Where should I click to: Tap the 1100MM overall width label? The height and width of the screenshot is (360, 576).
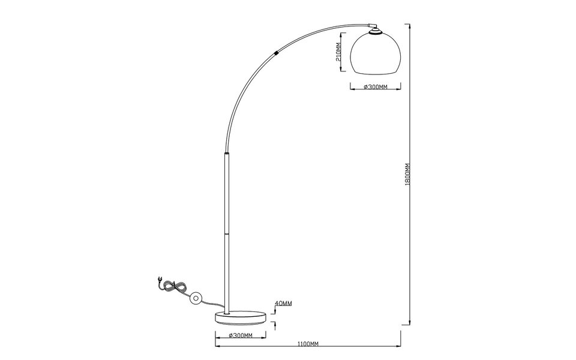coord(307,344)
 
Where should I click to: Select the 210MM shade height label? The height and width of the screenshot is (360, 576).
coord(338,53)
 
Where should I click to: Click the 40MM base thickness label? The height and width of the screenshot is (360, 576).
coord(283,304)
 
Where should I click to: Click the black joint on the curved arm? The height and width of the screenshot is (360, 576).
coord(276,53)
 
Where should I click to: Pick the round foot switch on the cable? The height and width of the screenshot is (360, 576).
coord(196,298)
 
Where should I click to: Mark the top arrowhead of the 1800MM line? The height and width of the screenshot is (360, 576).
coord(409,25)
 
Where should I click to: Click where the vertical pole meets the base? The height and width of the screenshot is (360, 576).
coord(227,310)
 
